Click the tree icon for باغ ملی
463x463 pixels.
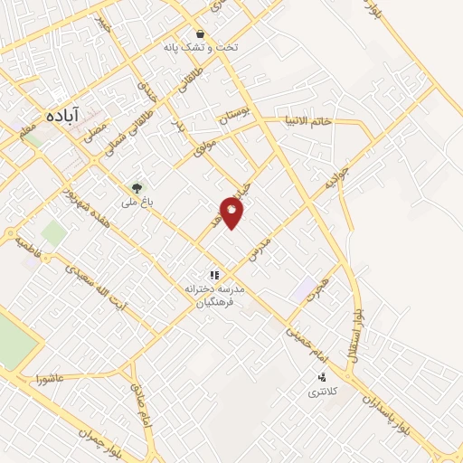tap(137, 187)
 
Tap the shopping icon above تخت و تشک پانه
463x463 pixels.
tap(199, 35)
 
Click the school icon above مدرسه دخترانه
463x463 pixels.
tap(214, 274)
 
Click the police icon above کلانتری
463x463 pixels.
tap(321, 376)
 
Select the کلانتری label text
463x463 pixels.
tap(321, 392)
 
